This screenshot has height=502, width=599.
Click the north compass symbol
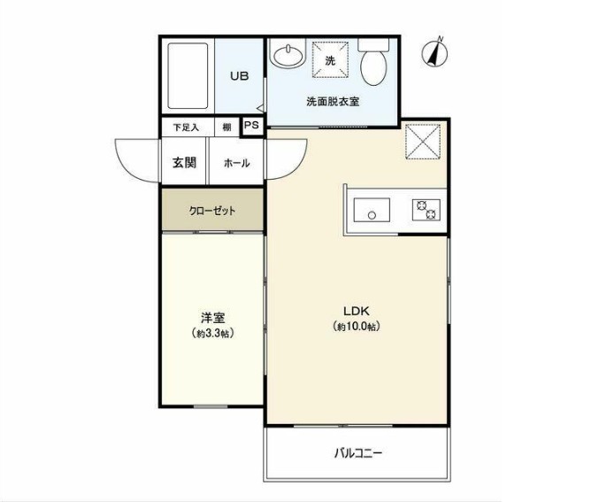(434, 52)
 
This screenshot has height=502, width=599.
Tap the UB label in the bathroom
(239, 76)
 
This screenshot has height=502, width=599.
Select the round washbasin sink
(287, 58)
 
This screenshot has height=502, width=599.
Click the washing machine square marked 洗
(330, 60)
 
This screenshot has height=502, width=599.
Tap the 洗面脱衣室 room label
(333, 102)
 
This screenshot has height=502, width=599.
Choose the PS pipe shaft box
(252, 126)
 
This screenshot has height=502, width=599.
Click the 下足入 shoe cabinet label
(186, 127)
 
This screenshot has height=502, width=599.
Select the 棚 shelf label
(227, 127)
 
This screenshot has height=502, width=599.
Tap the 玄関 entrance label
(184, 163)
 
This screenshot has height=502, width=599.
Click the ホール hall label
(236, 163)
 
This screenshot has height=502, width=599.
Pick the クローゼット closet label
(212, 211)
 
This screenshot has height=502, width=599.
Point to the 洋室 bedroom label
(211, 318)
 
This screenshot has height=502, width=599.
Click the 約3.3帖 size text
(211, 333)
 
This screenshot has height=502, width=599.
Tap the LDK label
(357, 310)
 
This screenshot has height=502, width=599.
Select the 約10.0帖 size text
(357, 326)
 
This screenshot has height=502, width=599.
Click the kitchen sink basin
(372, 211)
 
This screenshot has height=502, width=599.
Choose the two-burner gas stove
(426, 211)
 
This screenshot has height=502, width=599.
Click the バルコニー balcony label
(357, 453)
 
